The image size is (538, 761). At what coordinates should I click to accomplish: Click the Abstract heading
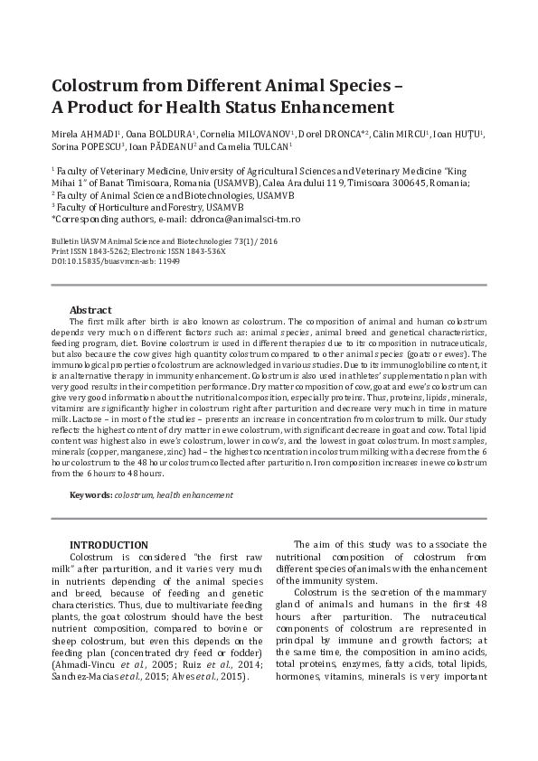pos(90,309)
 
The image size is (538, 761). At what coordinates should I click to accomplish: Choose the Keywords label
pos(91,495)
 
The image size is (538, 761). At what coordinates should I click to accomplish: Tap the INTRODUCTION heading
pos(109,545)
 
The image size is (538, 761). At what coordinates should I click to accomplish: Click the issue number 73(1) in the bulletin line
pos(237,241)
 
